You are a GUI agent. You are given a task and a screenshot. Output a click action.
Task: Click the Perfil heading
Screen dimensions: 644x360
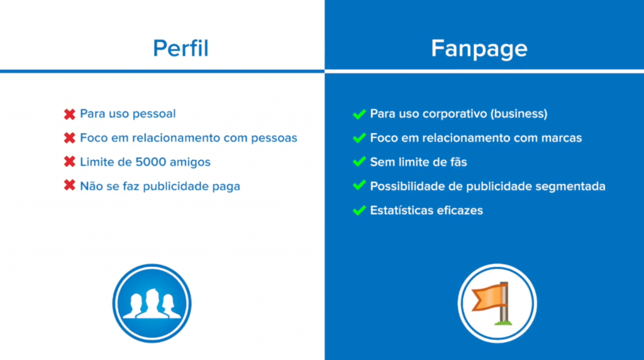(180, 48)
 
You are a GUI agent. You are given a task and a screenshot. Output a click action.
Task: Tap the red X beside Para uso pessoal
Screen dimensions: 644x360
(69, 115)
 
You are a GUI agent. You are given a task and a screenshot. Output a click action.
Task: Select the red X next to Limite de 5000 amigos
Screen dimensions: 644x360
(69, 162)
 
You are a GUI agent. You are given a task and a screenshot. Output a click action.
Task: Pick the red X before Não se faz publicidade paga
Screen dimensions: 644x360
(69, 186)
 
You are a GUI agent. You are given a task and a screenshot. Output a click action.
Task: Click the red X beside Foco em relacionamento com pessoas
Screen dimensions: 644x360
(69, 138)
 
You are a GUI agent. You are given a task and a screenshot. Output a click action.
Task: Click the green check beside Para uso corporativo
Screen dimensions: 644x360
(359, 114)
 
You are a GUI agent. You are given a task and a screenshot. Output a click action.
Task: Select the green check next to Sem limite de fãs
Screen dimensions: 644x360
(359, 162)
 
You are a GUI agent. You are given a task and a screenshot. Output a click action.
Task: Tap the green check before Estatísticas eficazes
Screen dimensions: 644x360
(359, 210)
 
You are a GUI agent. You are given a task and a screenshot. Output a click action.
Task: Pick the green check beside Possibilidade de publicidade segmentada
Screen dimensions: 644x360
(359, 186)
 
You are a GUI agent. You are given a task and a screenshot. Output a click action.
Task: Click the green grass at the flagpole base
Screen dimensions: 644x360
(504, 323)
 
